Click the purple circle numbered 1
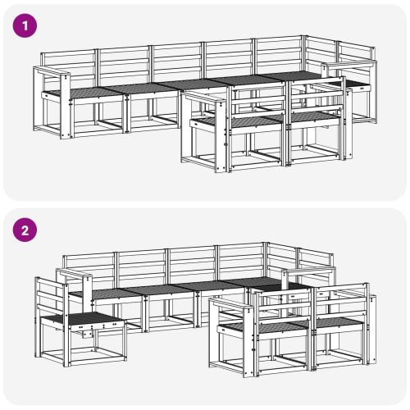tap(25, 25)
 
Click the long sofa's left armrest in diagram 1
tap(52, 71)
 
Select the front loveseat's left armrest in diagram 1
tap(203, 98)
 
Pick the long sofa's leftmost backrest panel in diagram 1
tap(69, 65)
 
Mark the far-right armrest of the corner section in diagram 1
tap(349, 65)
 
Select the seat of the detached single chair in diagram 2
tap(82, 319)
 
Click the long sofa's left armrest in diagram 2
tap(75, 273)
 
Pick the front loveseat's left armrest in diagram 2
tap(232, 304)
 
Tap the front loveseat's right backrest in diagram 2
tap(340, 302)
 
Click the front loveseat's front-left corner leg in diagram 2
tap(248, 342)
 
